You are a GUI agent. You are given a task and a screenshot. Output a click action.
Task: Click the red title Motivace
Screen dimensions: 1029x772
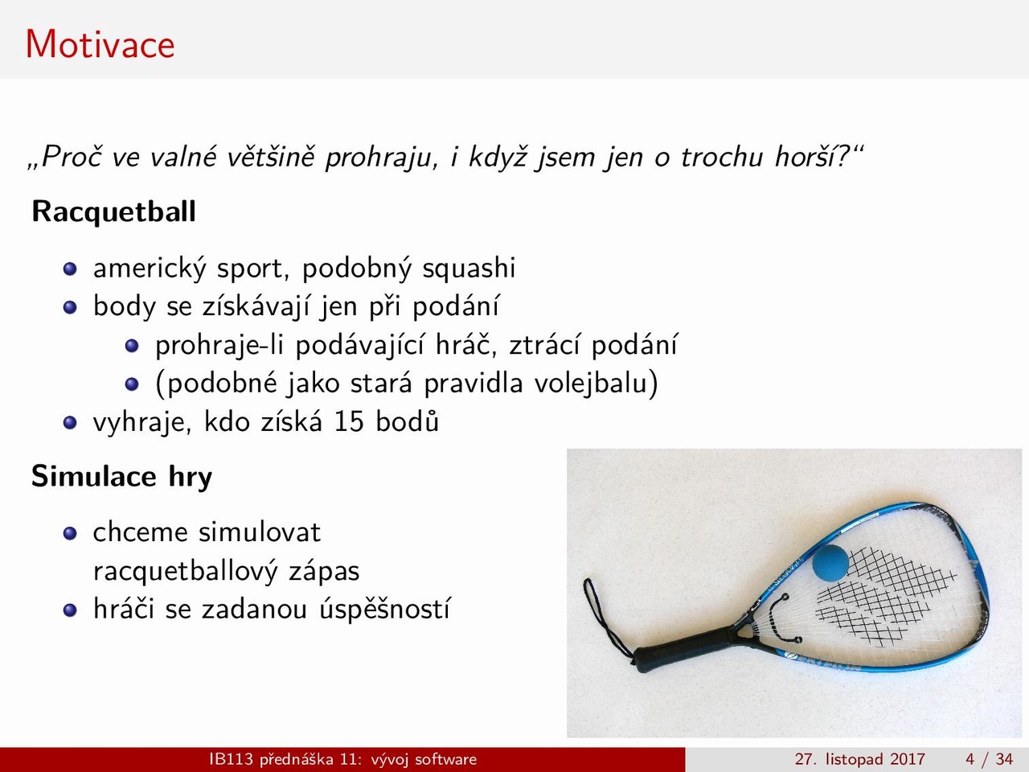click(100, 44)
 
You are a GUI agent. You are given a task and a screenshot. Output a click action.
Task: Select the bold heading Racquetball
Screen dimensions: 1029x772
click(113, 212)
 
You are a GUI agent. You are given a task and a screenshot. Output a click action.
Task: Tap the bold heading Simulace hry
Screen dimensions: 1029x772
click(121, 477)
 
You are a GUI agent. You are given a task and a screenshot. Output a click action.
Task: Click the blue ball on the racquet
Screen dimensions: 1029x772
click(830, 562)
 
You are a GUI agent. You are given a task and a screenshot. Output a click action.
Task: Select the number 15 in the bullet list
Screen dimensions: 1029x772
click(349, 422)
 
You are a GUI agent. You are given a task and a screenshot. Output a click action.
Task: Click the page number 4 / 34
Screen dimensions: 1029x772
click(989, 759)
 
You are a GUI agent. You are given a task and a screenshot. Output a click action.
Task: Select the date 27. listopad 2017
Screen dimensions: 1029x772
click(859, 759)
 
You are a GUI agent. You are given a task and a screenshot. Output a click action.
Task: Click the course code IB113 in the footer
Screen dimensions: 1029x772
click(231, 759)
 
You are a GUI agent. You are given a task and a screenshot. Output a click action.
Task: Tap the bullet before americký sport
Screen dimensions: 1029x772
click(70, 269)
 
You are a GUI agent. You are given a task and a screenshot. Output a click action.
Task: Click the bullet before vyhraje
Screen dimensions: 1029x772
click(70, 423)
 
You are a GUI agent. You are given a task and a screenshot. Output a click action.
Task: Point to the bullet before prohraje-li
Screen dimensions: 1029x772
click(132, 346)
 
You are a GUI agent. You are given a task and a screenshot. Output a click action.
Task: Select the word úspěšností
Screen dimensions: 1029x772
click(384, 609)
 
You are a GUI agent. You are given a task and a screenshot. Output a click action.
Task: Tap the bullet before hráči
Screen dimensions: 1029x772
click(70, 610)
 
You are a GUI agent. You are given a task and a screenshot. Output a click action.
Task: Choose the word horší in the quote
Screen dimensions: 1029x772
click(806, 157)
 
